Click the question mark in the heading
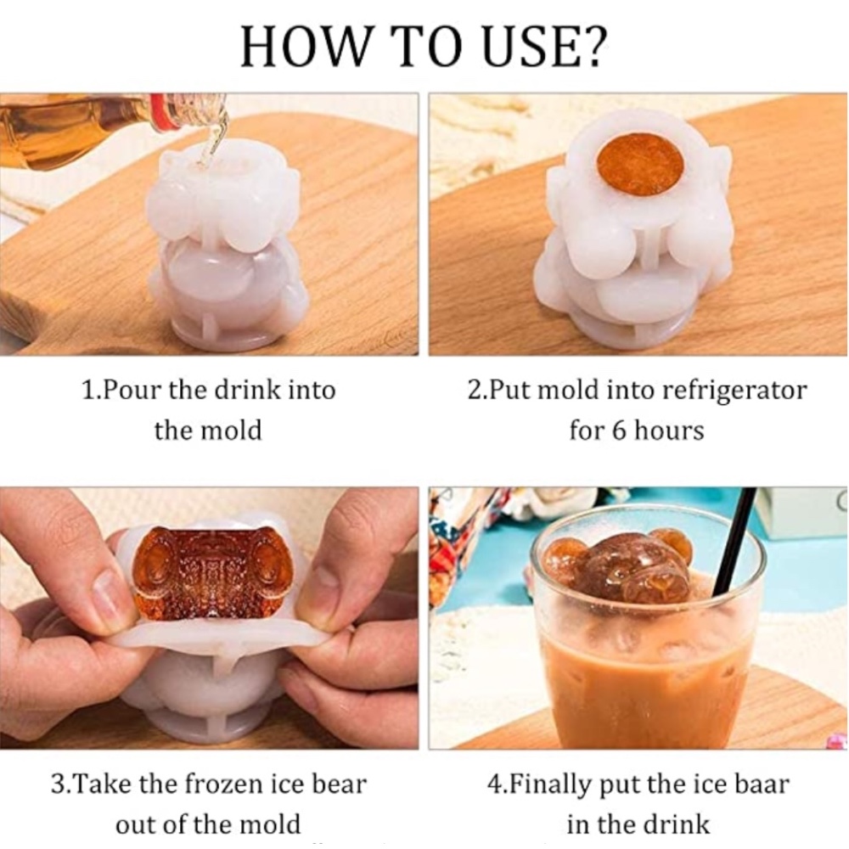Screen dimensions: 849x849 [591, 46]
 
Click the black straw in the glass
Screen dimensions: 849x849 [735, 542]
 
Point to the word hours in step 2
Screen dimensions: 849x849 [669, 430]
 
